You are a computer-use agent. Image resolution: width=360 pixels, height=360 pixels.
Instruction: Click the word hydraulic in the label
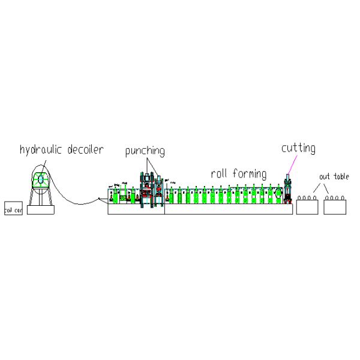click(x=40, y=149)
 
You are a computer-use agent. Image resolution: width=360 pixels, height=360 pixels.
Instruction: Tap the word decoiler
click(x=82, y=149)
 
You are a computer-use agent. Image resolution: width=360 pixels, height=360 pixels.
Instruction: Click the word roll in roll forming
click(x=218, y=174)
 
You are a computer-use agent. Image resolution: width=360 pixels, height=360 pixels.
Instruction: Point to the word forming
click(x=248, y=175)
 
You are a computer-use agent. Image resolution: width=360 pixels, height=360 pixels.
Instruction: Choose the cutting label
click(x=298, y=148)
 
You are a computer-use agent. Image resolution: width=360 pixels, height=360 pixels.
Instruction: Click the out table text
click(x=333, y=177)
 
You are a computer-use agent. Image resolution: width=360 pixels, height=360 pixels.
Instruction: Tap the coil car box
click(x=13, y=211)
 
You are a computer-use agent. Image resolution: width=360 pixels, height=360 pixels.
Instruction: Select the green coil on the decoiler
click(x=41, y=179)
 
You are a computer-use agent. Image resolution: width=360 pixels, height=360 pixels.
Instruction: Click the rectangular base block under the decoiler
click(x=41, y=210)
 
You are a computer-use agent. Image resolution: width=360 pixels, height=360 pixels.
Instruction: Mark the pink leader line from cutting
click(x=292, y=164)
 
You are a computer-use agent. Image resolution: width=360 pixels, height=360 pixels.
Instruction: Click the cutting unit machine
click(x=288, y=191)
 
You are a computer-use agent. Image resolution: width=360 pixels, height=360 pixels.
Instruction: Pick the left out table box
click(x=308, y=208)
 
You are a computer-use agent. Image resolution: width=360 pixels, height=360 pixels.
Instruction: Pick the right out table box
click(x=335, y=208)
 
